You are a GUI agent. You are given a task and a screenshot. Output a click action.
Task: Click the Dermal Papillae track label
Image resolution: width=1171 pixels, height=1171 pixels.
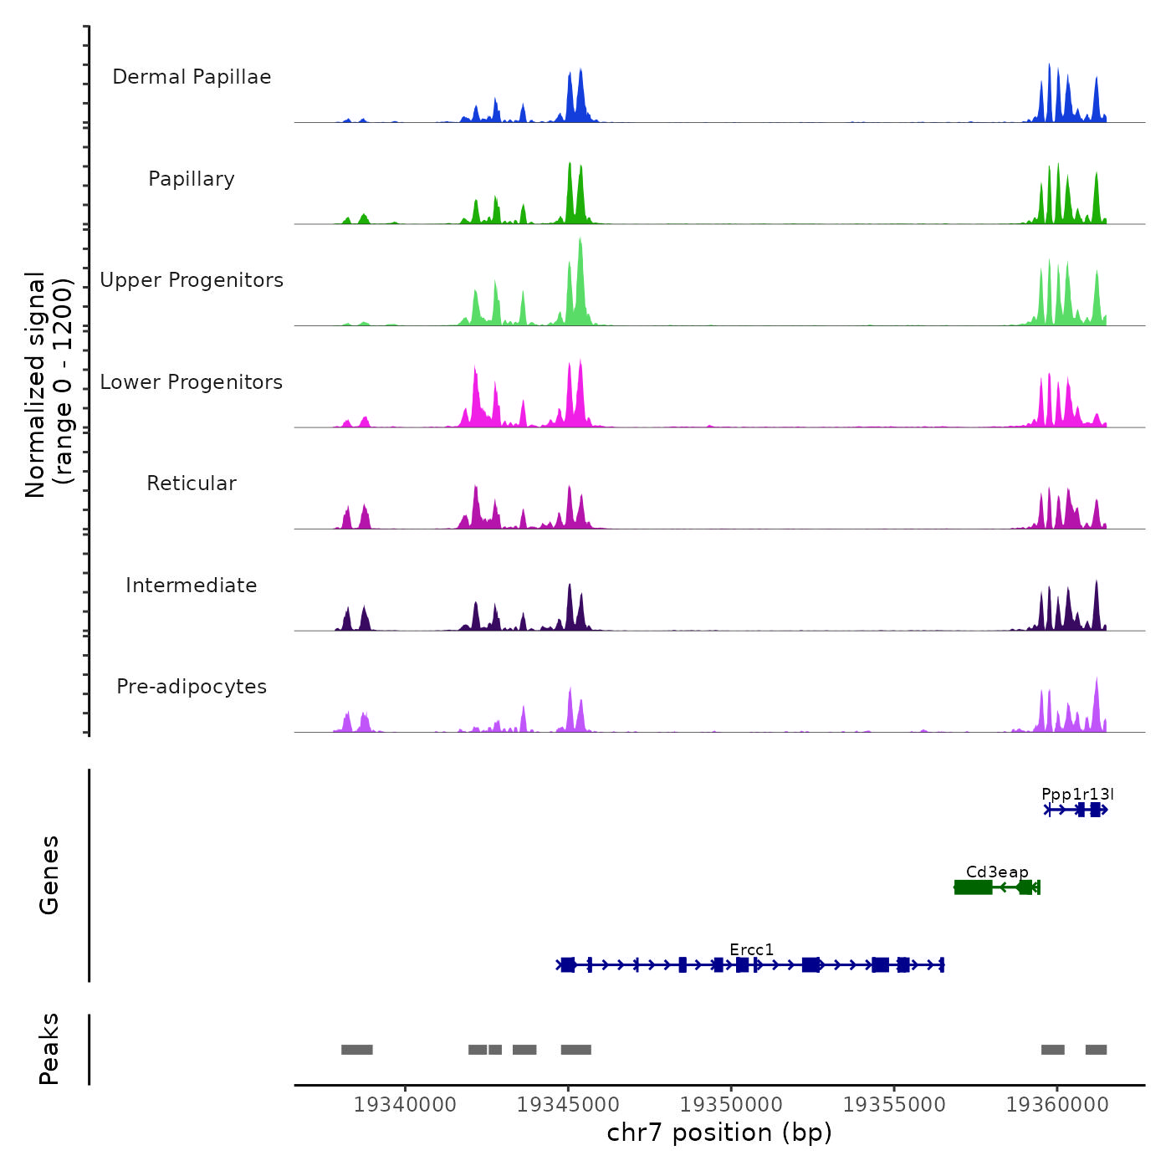[x=192, y=77]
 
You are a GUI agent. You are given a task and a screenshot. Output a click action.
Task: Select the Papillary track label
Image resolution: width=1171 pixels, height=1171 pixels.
[x=192, y=179]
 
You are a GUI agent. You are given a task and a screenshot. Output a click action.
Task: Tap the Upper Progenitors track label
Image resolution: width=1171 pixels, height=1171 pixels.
[x=192, y=280]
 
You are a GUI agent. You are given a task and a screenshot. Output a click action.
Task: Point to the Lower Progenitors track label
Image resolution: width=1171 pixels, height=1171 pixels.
[x=192, y=382]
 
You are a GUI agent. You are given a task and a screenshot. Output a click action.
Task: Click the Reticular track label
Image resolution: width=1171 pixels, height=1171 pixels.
[x=192, y=483]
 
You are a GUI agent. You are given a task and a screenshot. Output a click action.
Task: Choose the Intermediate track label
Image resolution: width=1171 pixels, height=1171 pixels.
[x=192, y=585]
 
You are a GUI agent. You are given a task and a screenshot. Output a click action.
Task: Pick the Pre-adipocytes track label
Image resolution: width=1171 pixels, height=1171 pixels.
[x=192, y=687]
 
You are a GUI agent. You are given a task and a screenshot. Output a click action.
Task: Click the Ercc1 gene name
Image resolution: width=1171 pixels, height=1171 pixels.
[x=751, y=949]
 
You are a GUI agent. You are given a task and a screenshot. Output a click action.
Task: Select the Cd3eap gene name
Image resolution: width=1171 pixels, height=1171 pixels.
[x=997, y=872]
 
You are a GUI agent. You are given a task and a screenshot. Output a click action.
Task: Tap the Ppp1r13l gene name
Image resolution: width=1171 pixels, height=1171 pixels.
[x=1077, y=794]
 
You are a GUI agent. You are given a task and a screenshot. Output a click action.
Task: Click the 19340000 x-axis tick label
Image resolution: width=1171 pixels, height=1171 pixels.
[x=405, y=1104]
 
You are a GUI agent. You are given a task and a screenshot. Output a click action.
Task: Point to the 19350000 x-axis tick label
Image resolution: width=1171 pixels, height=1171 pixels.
[x=731, y=1104]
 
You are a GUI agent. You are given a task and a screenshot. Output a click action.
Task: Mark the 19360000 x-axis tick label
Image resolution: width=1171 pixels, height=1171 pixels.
[x=1057, y=1104]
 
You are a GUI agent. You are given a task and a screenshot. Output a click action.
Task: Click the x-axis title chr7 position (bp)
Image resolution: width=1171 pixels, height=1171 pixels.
[x=719, y=1133]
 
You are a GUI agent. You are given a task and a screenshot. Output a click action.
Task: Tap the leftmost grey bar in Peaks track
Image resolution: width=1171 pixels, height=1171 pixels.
[x=357, y=1050]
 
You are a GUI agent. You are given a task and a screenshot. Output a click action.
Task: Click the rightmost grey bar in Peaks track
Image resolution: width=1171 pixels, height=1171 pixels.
[x=1096, y=1050]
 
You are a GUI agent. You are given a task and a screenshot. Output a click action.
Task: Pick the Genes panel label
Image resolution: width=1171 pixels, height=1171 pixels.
[x=49, y=875]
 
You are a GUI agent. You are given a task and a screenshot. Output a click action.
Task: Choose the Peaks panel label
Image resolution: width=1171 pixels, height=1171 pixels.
[x=49, y=1049]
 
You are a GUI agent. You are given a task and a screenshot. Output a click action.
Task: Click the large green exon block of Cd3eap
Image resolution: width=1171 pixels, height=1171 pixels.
[x=974, y=887]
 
